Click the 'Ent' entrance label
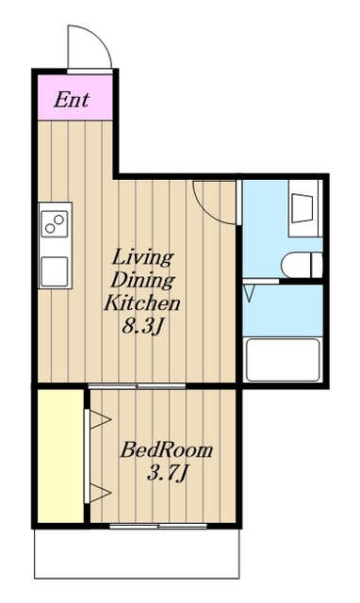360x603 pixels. click(72, 100)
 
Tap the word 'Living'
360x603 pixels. click(142, 257)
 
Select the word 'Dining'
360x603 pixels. click(142, 281)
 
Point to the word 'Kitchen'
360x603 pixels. click(142, 302)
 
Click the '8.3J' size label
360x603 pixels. click(142, 326)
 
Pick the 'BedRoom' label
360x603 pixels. click(167, 450)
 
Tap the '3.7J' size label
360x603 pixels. click(168, 473)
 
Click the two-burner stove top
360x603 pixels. click(55, 224)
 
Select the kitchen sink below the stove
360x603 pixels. click(55, 271)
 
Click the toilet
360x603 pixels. click(302, 265)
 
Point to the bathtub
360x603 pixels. click(283, 360)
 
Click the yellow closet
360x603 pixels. click(60, 456)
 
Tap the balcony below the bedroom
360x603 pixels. click(137, 553)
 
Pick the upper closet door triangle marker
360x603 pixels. click(101, 419)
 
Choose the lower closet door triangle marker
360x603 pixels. click(101, 493)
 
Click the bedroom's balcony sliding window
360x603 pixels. click(158, 526)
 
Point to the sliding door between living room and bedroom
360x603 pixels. click(137, 385)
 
